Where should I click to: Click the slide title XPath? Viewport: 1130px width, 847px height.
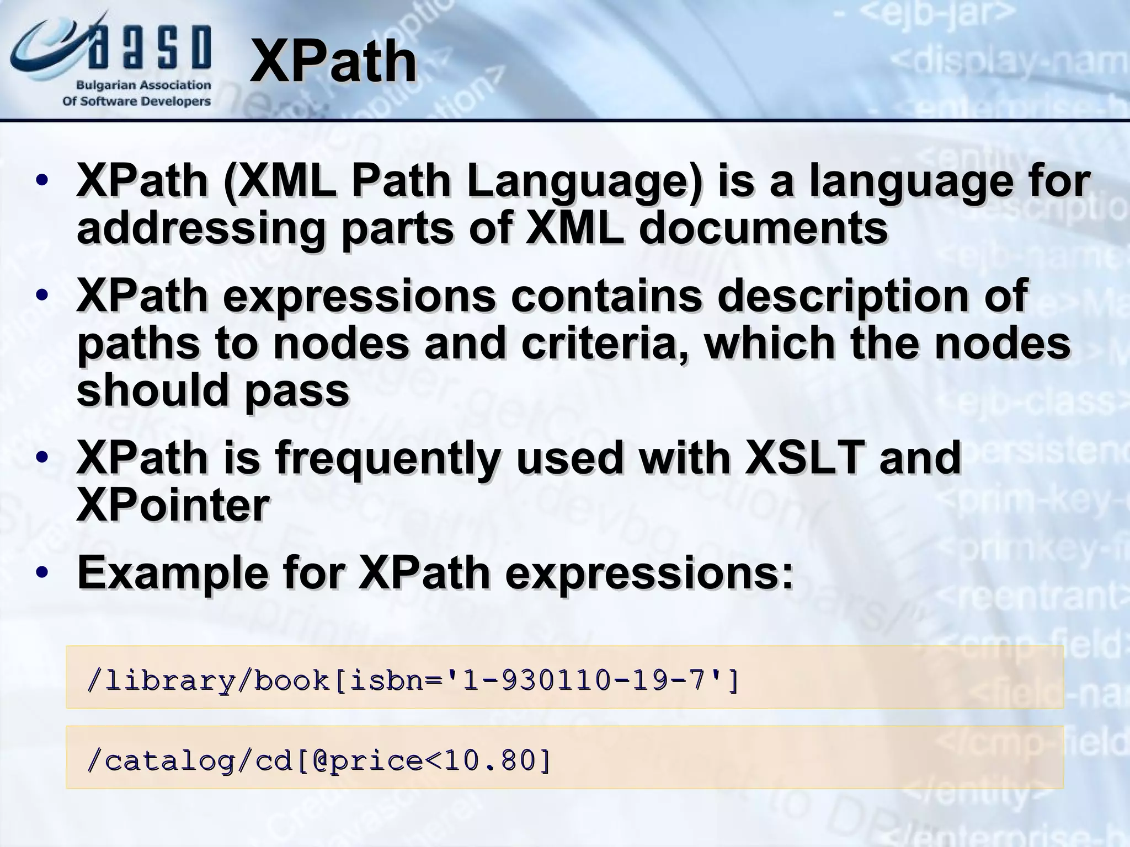tap(333, 62)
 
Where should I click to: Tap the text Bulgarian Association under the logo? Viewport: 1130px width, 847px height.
tap(143, 85)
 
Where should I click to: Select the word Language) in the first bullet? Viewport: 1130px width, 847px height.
tap(585, 182)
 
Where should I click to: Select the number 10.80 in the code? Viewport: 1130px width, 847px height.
tap(488, 761)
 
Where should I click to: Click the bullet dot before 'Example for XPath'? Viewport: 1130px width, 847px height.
tap(41, 573)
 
